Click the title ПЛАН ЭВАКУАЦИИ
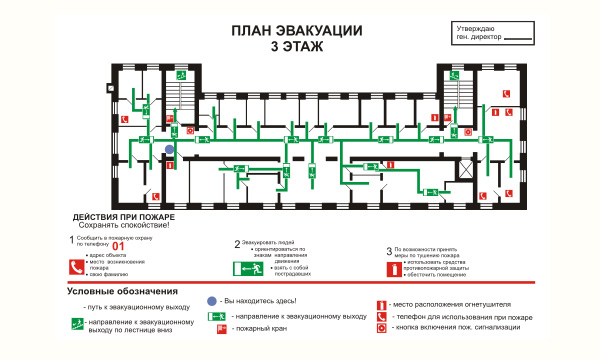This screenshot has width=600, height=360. pos(296,31)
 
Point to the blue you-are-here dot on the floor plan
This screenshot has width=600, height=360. pos(169,150)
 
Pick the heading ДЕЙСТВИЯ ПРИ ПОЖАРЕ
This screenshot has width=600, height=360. pos(124,217)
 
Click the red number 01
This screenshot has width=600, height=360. pos(118,246)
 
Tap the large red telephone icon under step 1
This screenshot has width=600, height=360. pos(76,266)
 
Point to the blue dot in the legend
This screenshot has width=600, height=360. pos(211,302)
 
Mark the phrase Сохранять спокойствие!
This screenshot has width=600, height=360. pos(123,226)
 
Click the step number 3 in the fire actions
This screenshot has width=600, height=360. pos(388,251)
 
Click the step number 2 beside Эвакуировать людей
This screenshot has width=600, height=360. pos(236,243)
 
